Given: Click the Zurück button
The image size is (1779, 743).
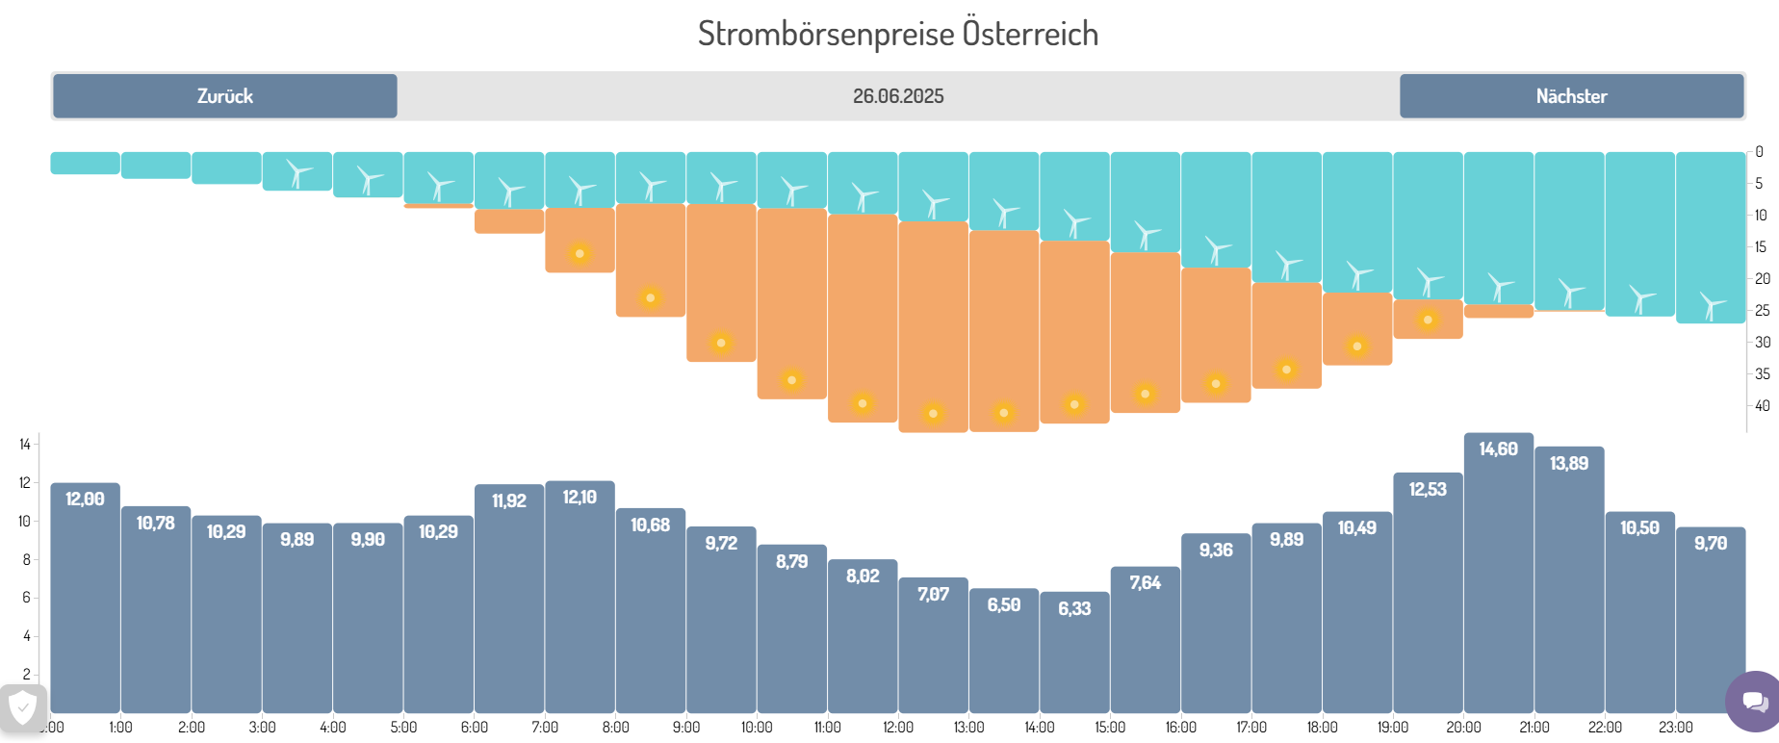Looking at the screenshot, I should point(224,96).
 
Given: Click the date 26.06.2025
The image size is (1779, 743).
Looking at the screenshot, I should point(897,96).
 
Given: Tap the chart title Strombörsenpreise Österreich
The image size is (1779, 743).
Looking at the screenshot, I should point(897,34).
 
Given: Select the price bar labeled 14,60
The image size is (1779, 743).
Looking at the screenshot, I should point(1498,577).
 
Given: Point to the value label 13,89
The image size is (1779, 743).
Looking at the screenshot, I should point(1569,464).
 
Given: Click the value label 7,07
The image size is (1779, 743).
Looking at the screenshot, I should point(933,595).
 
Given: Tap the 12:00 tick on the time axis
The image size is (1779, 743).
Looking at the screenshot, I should point(898,728).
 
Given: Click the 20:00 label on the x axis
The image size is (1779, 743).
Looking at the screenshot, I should point(1463,728).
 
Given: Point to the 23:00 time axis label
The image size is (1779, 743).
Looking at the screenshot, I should point(1676,728).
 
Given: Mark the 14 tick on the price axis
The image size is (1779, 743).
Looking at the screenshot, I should point(25,445).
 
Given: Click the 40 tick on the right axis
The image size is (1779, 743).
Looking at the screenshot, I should point(1762,406).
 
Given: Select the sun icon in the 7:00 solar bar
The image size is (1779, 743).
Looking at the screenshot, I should point(580,254).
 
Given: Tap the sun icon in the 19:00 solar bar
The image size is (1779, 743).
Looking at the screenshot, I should point(1428,320).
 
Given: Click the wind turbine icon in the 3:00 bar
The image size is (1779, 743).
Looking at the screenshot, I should point(298,174).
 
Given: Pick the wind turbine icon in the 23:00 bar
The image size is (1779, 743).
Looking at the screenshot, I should point(1712,306).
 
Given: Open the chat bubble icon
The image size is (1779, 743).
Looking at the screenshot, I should point(1754,702).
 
